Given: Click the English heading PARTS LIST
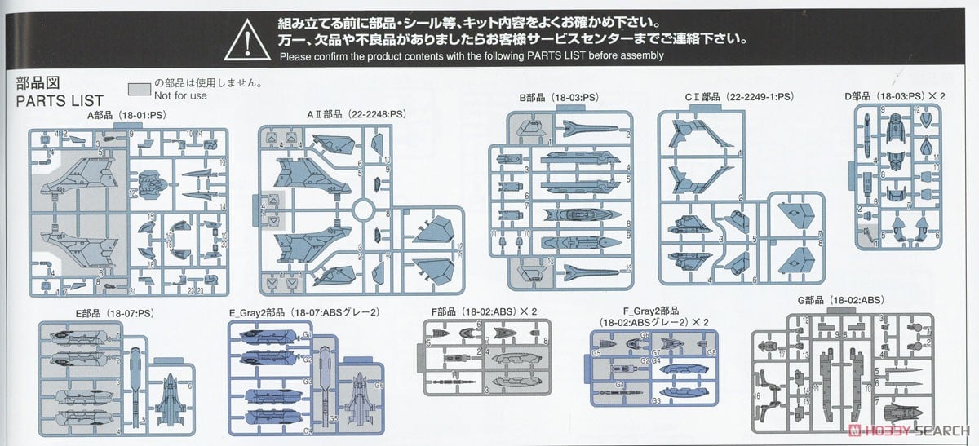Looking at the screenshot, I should click(60, 100).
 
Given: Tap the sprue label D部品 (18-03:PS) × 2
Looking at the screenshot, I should click(895, 96).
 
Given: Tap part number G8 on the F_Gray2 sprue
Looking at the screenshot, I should click(711, 352).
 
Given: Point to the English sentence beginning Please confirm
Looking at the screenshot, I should click(472, 56).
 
